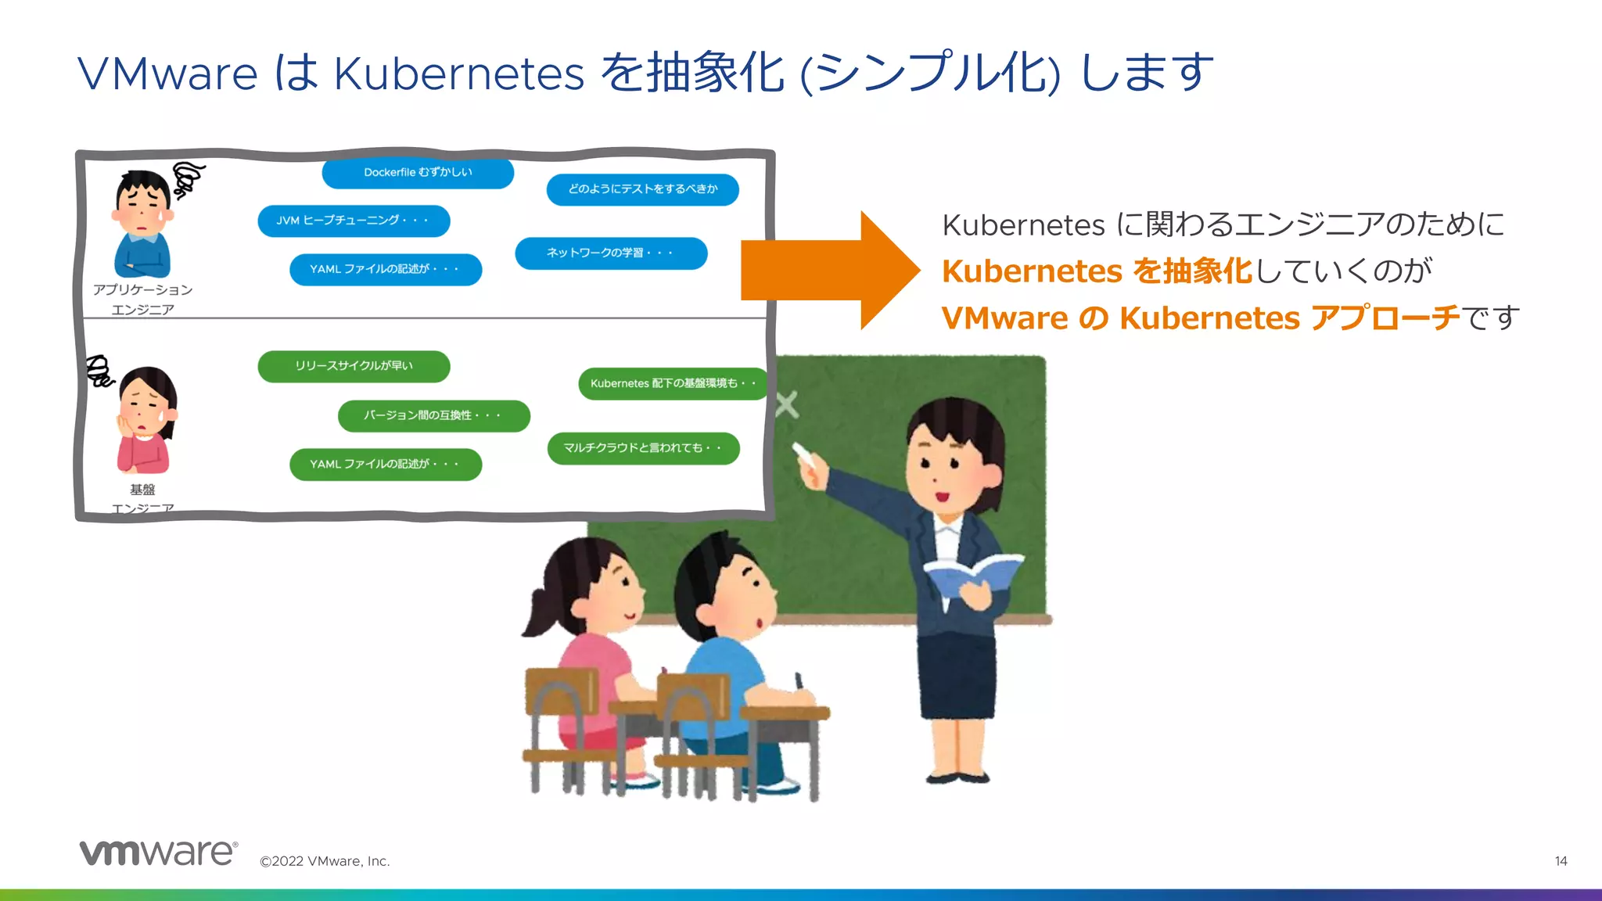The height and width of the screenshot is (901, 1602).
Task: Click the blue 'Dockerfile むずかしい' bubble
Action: point(418,173)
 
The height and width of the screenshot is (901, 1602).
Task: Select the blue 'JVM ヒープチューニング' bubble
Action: point(354,221)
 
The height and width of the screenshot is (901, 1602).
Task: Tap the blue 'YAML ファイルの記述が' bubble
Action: point(386,269)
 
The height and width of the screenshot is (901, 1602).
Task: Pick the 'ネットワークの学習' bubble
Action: point(611,253)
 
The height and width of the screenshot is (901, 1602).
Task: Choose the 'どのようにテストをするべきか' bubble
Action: point(642,189)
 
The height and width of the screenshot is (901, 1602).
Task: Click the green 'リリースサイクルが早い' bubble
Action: point(354,366)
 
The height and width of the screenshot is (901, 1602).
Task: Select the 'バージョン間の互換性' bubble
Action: point(433,415)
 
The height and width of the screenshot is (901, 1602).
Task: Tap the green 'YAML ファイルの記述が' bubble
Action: point(386,464)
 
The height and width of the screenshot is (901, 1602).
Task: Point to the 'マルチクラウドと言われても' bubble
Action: point(643,448)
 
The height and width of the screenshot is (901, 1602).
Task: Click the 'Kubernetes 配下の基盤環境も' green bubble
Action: point(673,383)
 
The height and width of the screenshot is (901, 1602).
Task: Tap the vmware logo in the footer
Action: point(158,853)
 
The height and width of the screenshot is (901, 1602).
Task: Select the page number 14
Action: point(1561,861)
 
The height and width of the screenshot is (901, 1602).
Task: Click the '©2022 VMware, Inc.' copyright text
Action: point(325,861)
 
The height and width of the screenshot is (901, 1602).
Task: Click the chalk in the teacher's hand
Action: point(804,454)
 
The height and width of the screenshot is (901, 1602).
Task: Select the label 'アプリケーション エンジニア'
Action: point(142,299)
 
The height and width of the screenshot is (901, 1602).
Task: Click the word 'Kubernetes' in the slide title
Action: point(459,74)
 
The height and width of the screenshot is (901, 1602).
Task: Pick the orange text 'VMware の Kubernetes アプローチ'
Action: point(1201,318)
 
